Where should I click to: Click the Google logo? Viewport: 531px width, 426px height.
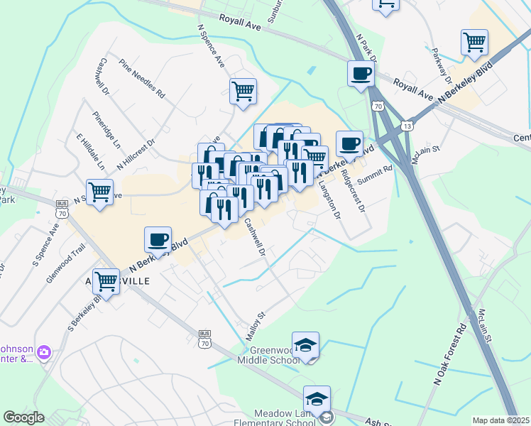click(23, 417)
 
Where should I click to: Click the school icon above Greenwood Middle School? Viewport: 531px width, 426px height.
click(305, 345)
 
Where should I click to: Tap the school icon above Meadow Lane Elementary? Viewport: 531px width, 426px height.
click(317, 399)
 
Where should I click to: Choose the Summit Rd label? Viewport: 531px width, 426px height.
click(375, 176)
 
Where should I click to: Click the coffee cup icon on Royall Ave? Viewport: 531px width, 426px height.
click(361, 72)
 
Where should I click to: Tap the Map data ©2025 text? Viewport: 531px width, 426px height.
click(501, 420)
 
